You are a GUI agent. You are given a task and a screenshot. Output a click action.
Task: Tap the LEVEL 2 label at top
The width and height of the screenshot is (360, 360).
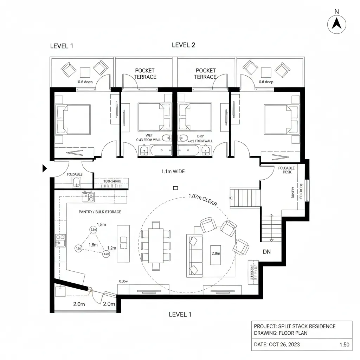tap(183, 45)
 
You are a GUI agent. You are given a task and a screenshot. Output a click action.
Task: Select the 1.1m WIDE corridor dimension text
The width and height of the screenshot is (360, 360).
tap(173, 172)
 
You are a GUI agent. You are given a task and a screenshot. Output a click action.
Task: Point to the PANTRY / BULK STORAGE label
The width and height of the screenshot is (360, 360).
tap(100, 212)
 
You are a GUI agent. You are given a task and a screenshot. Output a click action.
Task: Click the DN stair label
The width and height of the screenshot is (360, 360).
tap(267, 252)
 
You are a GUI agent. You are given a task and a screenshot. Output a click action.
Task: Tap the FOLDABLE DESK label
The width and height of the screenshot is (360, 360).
tap(287, 170)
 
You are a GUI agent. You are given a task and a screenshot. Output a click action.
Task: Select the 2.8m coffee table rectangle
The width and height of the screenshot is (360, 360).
tap(216, 255)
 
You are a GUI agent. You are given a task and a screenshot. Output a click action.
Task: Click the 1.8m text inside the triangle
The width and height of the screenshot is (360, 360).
tap(93, 245)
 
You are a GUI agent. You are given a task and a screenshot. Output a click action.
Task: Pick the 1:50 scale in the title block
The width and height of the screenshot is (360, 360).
tap(345, 345)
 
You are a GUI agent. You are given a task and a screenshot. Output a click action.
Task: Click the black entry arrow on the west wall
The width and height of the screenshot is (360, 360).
tap(45, 168)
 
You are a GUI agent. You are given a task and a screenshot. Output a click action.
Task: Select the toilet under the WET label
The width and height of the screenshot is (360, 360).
tap(166, 138)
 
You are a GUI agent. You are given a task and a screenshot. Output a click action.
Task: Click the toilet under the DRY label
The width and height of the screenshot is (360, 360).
tap(183, 138)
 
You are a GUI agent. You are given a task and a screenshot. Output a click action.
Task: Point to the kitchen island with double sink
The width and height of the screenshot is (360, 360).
tap(123, 243)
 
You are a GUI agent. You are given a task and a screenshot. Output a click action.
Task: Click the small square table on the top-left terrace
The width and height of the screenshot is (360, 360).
tap(85, 72)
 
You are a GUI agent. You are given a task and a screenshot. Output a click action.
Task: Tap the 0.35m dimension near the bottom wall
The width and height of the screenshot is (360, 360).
tap(123, 281)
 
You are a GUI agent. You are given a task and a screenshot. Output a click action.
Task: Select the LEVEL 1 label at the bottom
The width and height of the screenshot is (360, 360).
tap(180, 314)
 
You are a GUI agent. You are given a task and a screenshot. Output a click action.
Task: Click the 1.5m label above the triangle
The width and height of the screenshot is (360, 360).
tap(101, 225)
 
